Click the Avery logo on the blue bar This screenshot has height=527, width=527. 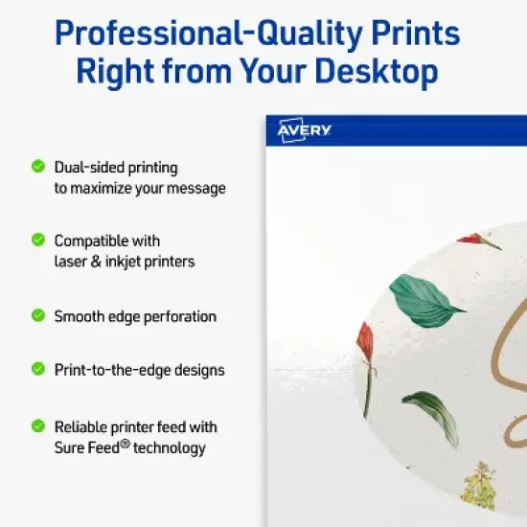click(304, 130)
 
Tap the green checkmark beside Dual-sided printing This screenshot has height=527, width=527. click(38, 166)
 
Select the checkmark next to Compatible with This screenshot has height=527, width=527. click(38, 240)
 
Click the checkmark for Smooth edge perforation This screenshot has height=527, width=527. click(38, 314)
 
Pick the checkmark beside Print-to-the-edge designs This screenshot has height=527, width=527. click(38, 368)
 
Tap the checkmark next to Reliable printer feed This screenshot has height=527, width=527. click(38, 425)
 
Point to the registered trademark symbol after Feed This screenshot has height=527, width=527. click(126, 444)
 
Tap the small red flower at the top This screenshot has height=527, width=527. click(479, 241)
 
